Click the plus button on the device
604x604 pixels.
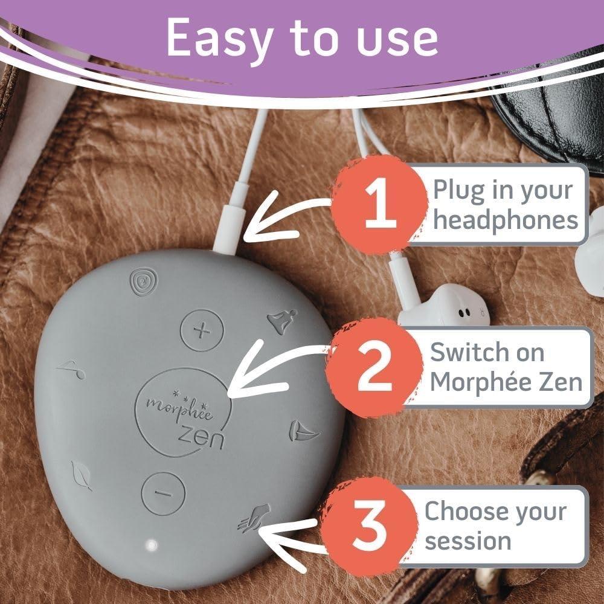[x=202, y=330]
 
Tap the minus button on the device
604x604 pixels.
[x=163, y=493]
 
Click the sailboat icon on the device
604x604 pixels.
[x=300, y=431]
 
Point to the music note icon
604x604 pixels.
[x=72, y=369]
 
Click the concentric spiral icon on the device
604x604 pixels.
[x=143, y=281]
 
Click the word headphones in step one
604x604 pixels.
[x=506, y=220]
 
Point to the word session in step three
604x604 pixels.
[x=467, y=540]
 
